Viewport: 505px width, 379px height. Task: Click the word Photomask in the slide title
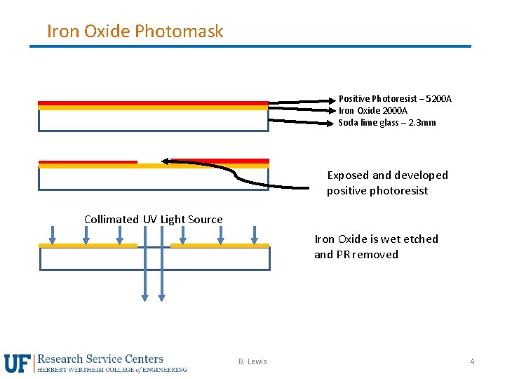pyautogui.click(x=179, y=31)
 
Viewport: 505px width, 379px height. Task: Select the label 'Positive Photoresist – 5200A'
pyautogui.click(x=395, y=99)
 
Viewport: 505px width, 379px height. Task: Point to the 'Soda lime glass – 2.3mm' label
pyautogui.click(x=386, y=123)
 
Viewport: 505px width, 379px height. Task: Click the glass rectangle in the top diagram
pyautogui.click(x=153, y=121)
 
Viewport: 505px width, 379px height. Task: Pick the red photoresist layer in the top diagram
pyautogui.click(x=153, y=103)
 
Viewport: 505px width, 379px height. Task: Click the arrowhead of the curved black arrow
pyautogui.click(x=166, y=161)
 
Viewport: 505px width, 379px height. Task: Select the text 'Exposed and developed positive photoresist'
pyautogui.click(x=386, y=182)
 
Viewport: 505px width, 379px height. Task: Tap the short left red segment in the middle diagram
pyautogui.click(x=88, y=162)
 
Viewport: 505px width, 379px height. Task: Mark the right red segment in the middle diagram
pyautogui.click(x=220, y=161)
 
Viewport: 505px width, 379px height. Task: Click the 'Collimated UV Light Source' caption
pyautogui.click(x=153, y=219)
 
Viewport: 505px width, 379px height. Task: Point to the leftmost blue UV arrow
pyautogui.click(x=53, y=235)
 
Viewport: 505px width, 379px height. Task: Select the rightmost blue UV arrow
pyautogui.click(x=255, y=235)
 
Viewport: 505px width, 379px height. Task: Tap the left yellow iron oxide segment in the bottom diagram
pyautogui.click(x=88, y=246)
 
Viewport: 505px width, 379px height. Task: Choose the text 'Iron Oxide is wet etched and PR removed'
pyautogui.click(x=376, y=246)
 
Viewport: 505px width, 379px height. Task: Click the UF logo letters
pyautogui.click(x=18, y=363)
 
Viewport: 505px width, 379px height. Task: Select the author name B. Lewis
pyautogui.click(x=252, y=361)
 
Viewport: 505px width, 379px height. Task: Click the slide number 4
pyautogui.click(x=472, y=361)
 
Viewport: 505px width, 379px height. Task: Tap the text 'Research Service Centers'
pyautogui.click(x=100, y=359)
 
